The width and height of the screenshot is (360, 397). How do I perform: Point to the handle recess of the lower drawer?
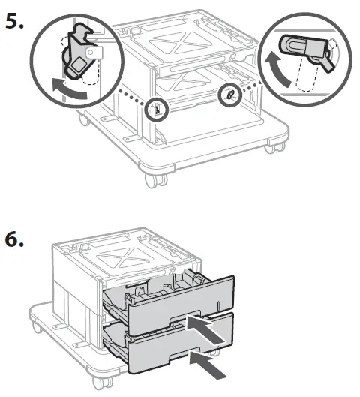[x=180, y=362]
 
